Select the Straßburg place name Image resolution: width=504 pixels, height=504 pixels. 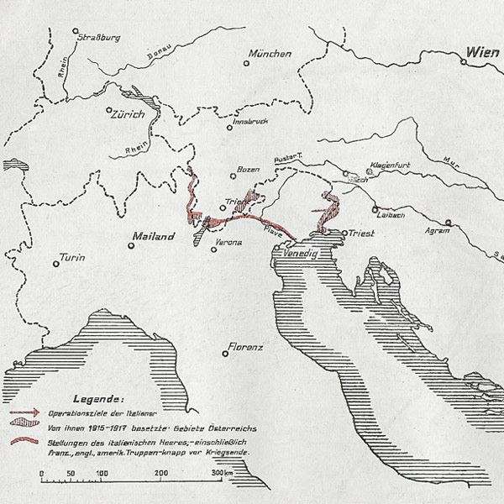100,37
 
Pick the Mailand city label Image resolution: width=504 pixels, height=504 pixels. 153,237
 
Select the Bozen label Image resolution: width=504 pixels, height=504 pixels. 249,170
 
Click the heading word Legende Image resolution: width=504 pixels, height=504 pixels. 102,397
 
